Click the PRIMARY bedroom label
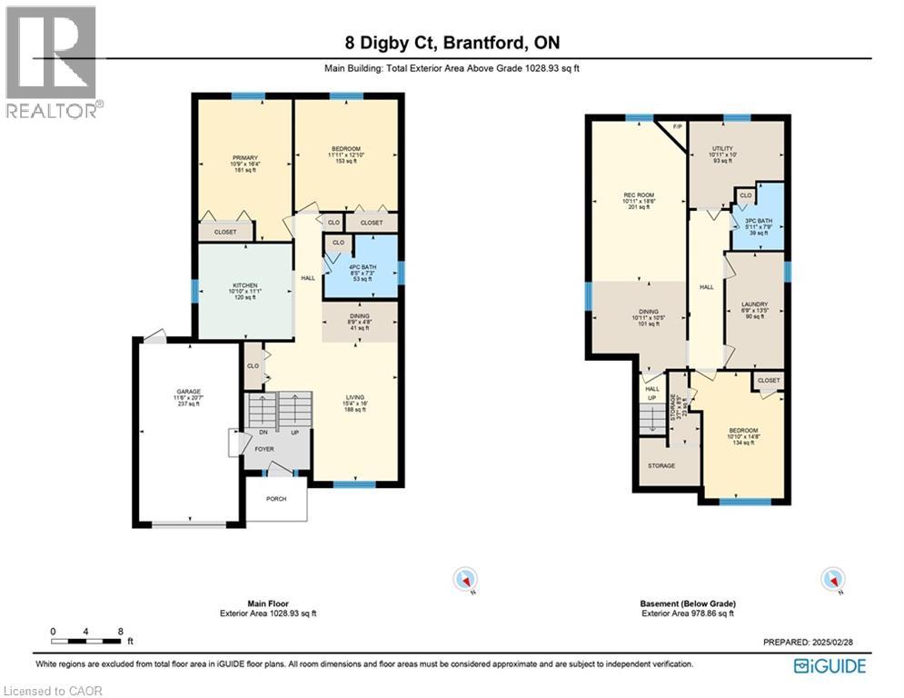[x=241, y=159]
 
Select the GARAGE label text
[x=188, y=393]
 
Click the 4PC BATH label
[x=362, y=266]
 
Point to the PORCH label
[x=276, y=499]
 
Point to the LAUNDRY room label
[x=754, y=304]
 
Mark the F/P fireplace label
[x=676, y=127]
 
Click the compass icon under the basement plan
[x=831, y=579]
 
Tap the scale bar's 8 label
[x=121, y=631]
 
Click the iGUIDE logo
[x=829, y=666]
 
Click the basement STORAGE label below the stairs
[x=661, y=465]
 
